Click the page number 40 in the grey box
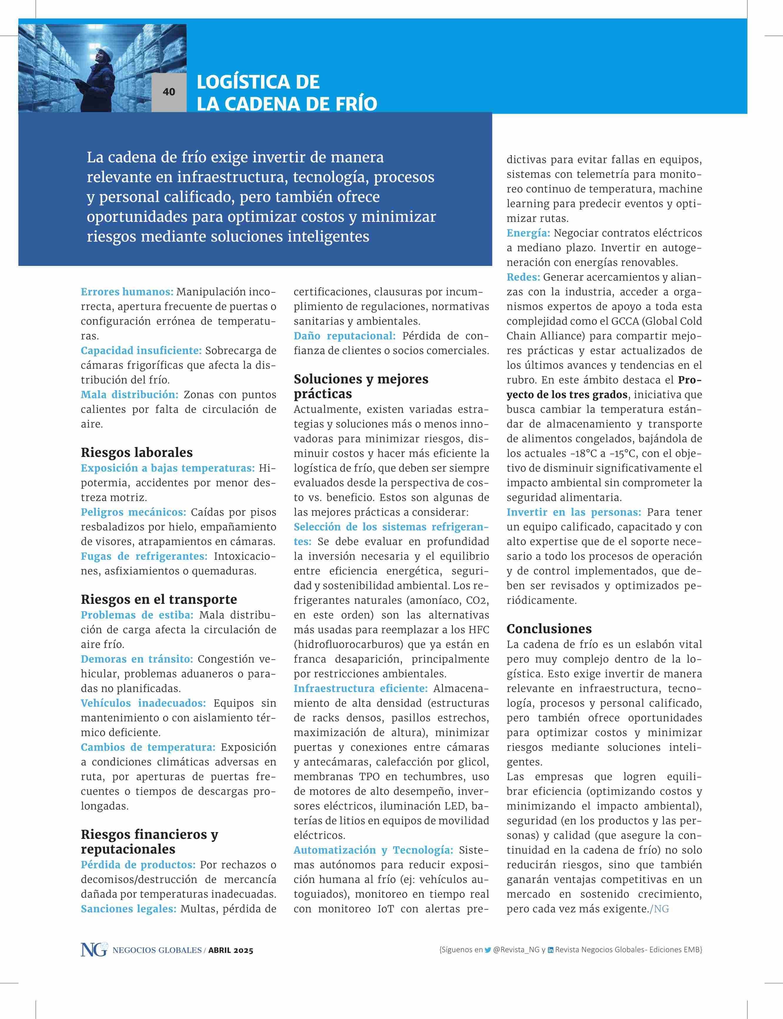[x=169, y=92]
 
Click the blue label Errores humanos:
[x=127, y=292]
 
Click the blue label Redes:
[x=523, y=277]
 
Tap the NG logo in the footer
[x=93, y=950]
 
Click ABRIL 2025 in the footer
[x=231, y=951]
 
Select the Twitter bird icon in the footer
[x=488, y=950]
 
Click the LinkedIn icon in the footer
[x=551, y=950]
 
